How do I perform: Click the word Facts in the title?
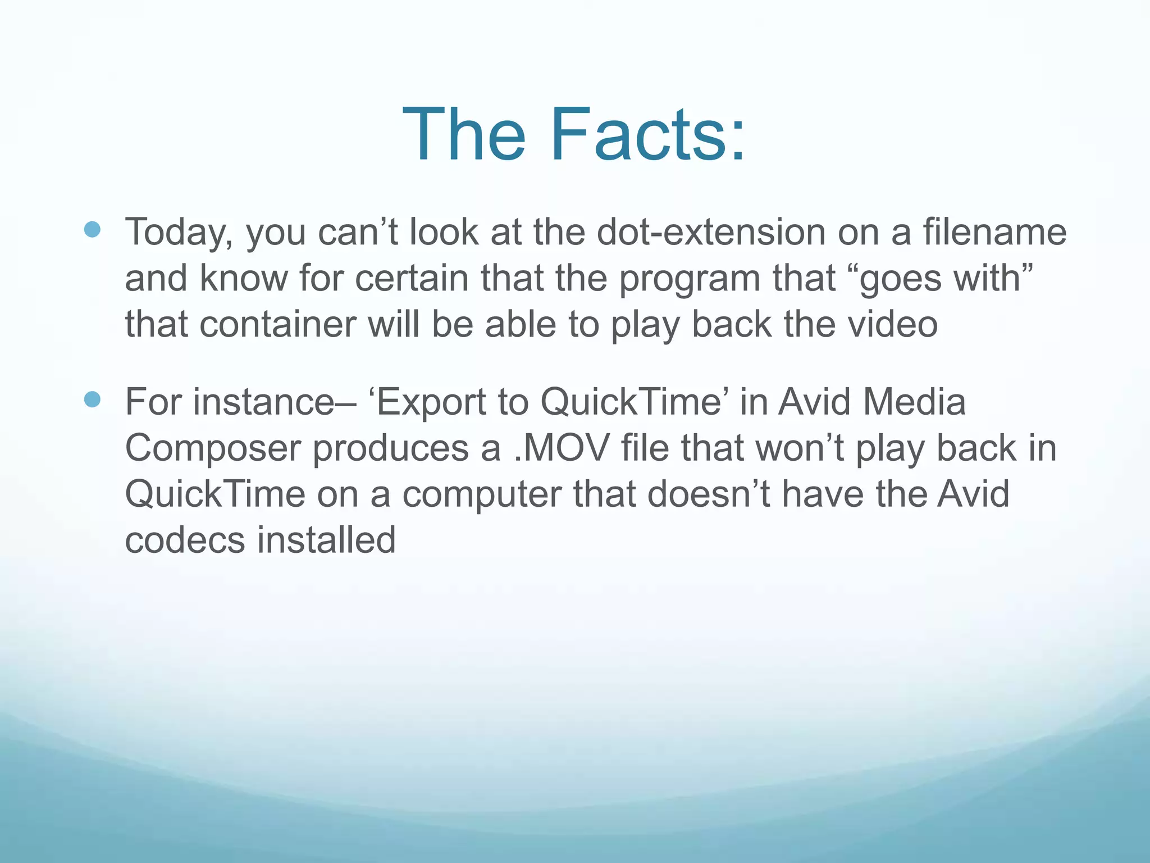pos(649,135)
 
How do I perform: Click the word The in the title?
pos(464,135)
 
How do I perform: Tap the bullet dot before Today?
pos(92,229)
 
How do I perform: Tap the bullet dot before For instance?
pos(92,399)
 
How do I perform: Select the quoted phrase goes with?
pos(946,279)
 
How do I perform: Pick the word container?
pos(278,325)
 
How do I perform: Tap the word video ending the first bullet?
pos(892,325)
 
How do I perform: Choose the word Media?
pos(914,402)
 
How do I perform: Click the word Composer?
pos(213,449)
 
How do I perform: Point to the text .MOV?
pos(562,448)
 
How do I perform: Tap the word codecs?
pos(185,540)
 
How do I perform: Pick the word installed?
pos(326,540)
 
